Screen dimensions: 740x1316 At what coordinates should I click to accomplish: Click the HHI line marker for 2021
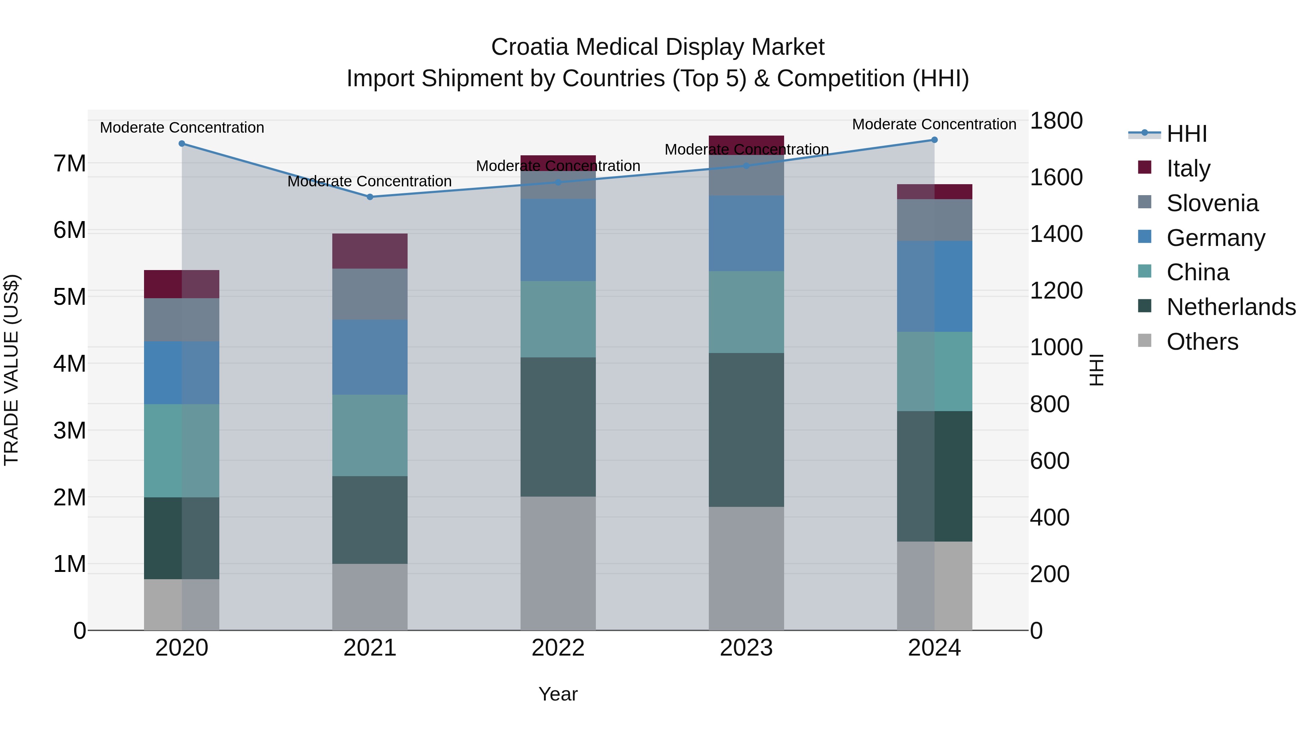click(x=370, y=197)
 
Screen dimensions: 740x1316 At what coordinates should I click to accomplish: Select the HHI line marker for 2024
click(x=934, y=140)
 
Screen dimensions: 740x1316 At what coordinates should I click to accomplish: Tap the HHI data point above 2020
click(x=182, y=144)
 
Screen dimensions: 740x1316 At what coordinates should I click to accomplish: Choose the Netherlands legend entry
click(x=1230, y=307)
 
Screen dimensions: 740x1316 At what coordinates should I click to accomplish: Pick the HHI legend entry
click(x=1186, y=134)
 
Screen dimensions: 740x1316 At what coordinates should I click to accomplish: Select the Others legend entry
click(x=1202, y=342)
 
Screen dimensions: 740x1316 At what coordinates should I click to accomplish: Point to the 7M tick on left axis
click(x=69, y=164)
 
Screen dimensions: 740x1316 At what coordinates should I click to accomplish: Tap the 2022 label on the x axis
click(x=558, y=648)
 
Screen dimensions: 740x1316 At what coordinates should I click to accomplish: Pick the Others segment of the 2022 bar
click(x=558, y=563)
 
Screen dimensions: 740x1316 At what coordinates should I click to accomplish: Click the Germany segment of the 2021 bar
click(x=370, y=357)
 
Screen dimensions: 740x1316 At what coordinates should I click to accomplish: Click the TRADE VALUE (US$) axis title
click(x=11, y=370)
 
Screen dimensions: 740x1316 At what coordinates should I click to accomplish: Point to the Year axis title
click(x=558, y=694)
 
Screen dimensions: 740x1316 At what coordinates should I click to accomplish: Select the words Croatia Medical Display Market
click(x=658, y=47)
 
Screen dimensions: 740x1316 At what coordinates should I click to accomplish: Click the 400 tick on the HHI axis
click(x=1049, y=517)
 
